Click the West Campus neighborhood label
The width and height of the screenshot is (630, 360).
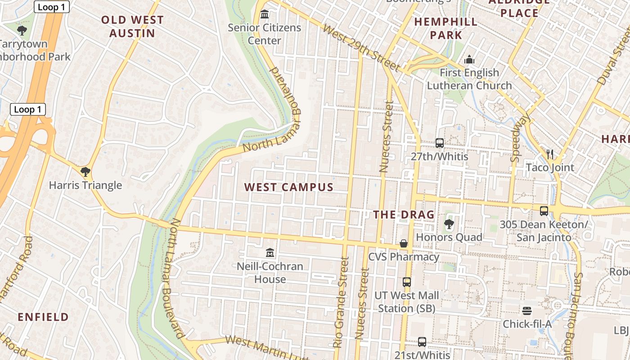tap(288, 187)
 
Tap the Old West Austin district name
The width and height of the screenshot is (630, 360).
tap(132, 27)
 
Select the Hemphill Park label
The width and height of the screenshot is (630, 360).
tap(445, 28)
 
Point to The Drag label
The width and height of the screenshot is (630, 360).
tap(404, 215)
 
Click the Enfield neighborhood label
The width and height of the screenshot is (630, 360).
tap(43, 317)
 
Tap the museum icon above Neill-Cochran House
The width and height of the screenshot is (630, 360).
tap(270, 253)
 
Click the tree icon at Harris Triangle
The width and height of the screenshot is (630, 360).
tap(85, 171)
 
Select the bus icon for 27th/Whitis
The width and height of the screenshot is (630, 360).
tap(440, 143)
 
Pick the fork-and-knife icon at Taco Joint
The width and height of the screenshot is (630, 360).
tap(549, 154)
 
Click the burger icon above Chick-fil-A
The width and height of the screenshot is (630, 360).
tap(527, 310)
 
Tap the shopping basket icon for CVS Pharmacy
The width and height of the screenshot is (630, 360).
tap(404, 243)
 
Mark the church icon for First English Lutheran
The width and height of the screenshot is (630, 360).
tap(469, 59)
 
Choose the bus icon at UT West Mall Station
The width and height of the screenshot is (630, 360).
tap(407, 282)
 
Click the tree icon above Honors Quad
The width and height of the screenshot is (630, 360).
tap(449, 224)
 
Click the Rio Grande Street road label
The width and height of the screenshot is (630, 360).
tap(341, 302)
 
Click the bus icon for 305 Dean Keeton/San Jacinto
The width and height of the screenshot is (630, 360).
tap(544, 211)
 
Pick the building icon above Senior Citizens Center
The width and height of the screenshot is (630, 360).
tap(265, 14)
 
